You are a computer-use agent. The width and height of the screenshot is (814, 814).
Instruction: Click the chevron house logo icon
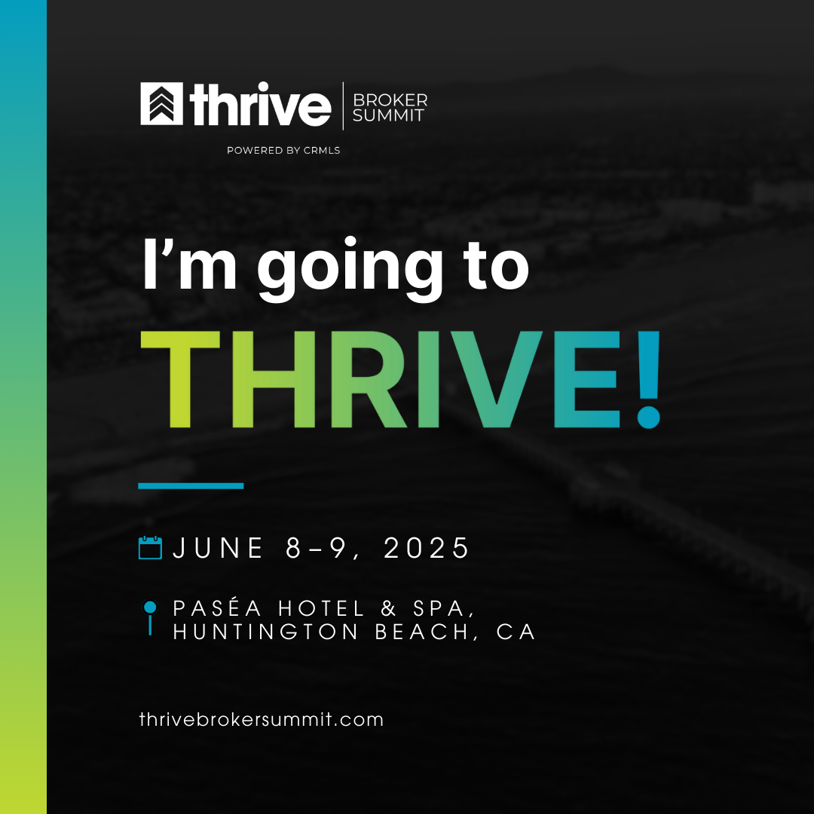(161, 104)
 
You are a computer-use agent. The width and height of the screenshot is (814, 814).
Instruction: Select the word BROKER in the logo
(390, 99)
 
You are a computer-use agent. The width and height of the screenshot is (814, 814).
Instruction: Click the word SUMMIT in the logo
(388, 115)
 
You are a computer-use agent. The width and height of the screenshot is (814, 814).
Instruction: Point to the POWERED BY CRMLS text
(283, 151)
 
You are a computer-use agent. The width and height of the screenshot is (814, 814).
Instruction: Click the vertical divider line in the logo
(343, 106)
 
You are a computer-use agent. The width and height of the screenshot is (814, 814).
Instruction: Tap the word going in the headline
(350, 269)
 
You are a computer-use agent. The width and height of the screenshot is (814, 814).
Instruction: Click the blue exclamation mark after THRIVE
(648, 379)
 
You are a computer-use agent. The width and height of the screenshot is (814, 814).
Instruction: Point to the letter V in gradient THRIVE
(496, 379)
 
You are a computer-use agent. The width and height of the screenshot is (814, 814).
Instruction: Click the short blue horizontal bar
(191, 486)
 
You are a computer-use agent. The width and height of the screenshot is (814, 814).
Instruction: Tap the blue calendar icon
(151, 548)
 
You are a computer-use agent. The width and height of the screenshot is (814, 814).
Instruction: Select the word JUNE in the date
(218, 548)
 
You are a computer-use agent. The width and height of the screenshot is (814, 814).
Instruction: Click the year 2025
(427, 548)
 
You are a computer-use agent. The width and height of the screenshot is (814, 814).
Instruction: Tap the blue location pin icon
(150, 617)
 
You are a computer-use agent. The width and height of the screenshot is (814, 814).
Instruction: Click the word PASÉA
(218, 608)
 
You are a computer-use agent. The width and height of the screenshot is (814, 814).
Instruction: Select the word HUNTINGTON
(266, 632)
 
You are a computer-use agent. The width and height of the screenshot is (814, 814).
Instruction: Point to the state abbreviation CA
(516, 632)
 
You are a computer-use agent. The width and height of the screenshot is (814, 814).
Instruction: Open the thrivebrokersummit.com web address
(262, 720)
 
